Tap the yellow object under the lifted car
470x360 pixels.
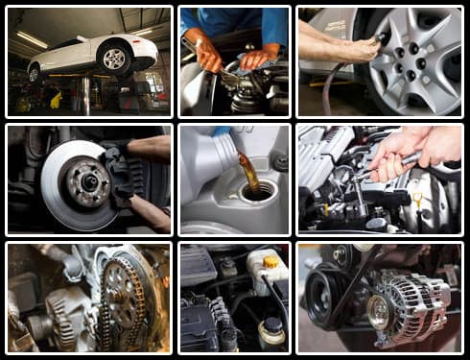pyautogui.click(x=56, y=99)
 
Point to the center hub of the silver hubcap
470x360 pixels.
pyautogui.click(x=413, y=57)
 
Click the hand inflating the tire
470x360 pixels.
pyautogui.click(x=345, y=44)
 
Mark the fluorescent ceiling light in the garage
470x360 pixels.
pyautogui.click(x=31, y=39)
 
